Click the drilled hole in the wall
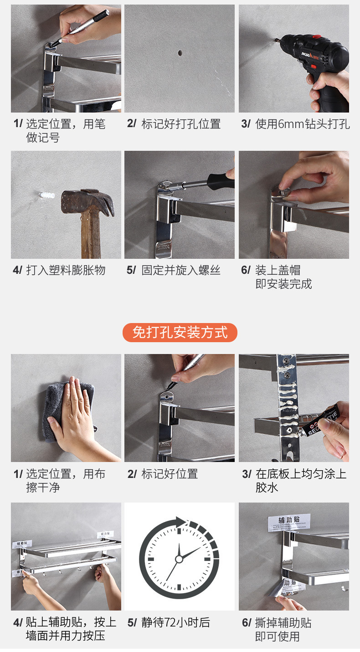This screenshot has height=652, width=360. click(x=180, y=53)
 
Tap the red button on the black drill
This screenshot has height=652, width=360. click(x=316, y=37)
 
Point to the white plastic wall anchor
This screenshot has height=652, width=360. click(x=46, y=195)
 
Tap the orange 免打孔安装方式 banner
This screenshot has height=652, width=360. click(x=180, y=333)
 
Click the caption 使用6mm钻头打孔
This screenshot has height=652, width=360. click(x=303, y=124)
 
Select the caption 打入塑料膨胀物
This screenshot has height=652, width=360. click(x=66, y=270)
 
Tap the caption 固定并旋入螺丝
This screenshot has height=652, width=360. click(x=181, y=270)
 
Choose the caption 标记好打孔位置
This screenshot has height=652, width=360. click(x=181, y=124)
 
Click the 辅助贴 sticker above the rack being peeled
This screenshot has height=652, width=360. click(x=289, y=523)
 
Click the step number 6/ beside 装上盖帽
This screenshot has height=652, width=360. click(x=246, y=270)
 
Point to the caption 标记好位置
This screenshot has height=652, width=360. click(x=170, y=474)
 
